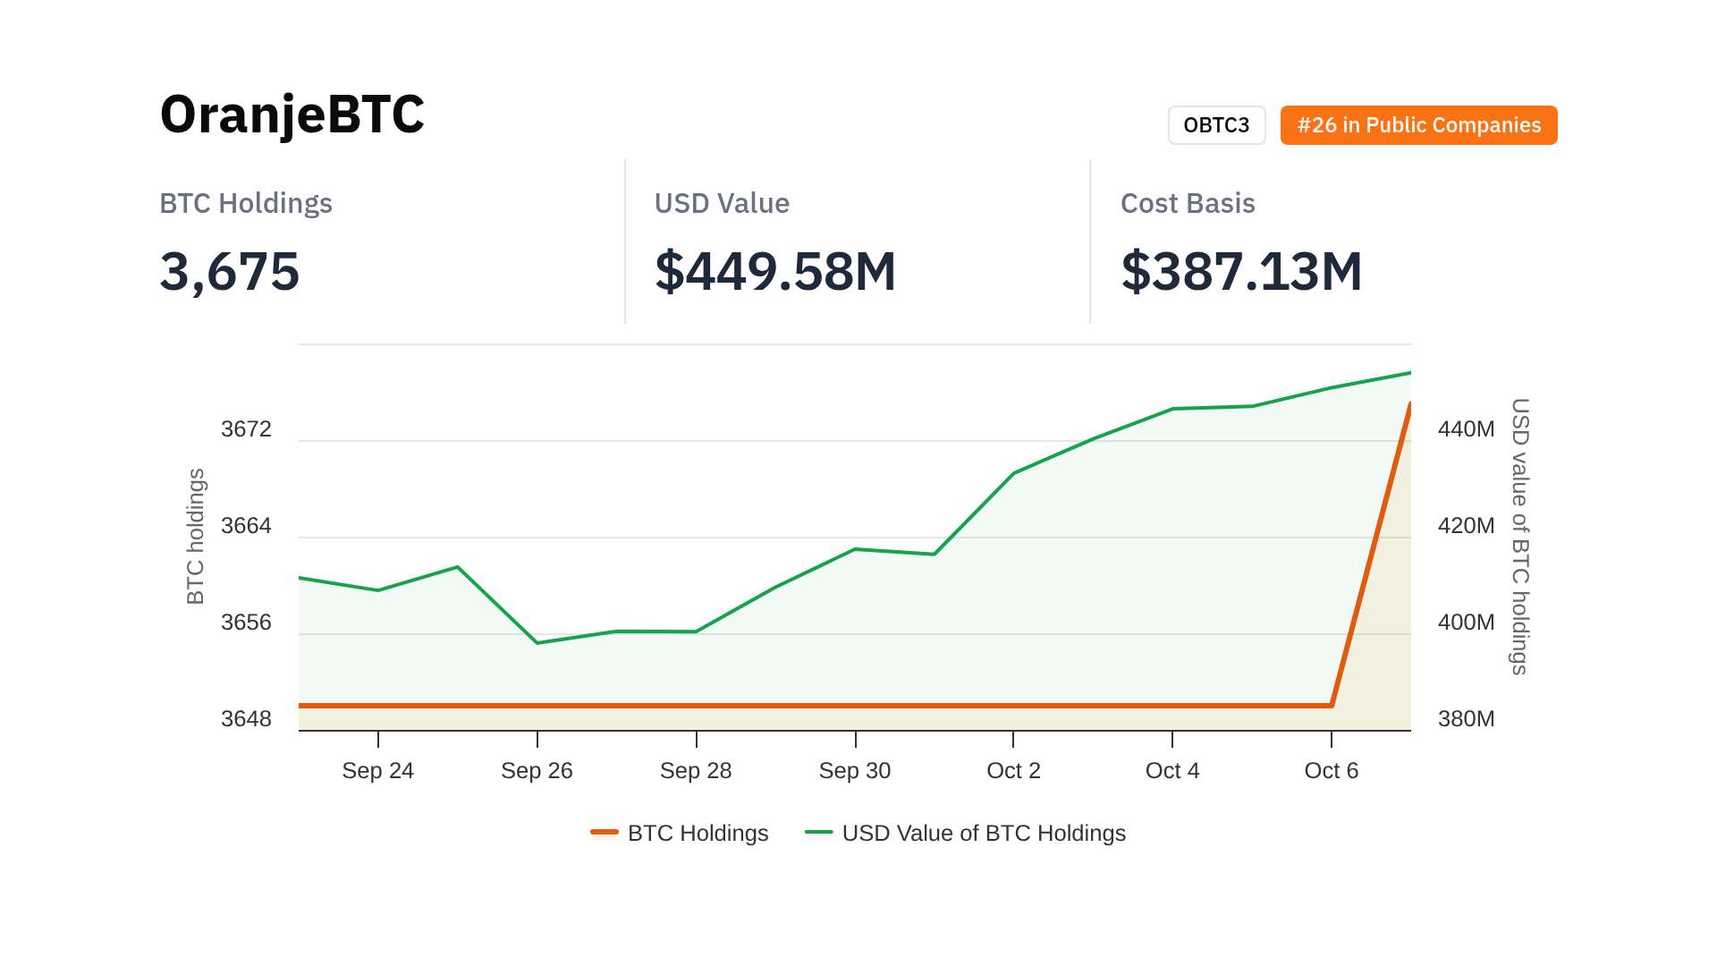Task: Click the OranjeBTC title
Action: [292, 114]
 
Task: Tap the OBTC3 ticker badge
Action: [1216, 125]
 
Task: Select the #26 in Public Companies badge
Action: [1418, 125]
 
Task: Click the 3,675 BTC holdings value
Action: [230, 271]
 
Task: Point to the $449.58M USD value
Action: [775, 271]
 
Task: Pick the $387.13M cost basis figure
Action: [1241, 271]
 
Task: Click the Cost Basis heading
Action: [1188, 203]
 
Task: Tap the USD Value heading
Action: [722, 203]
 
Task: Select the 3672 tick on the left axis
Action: [246, 429]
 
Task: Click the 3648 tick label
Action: [246, 719]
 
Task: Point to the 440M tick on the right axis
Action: [1466, 429]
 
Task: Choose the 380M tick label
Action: [1466, 719]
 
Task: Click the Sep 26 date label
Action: [537, 771]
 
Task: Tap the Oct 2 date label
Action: [1013, 771]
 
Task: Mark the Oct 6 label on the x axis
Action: [1331, 771]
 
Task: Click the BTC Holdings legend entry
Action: [680, 834]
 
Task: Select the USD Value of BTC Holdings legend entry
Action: [966, 834]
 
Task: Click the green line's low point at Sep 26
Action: [537, 643]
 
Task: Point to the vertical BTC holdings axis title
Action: [196, 537]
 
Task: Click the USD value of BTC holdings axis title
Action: [1519, 537]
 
